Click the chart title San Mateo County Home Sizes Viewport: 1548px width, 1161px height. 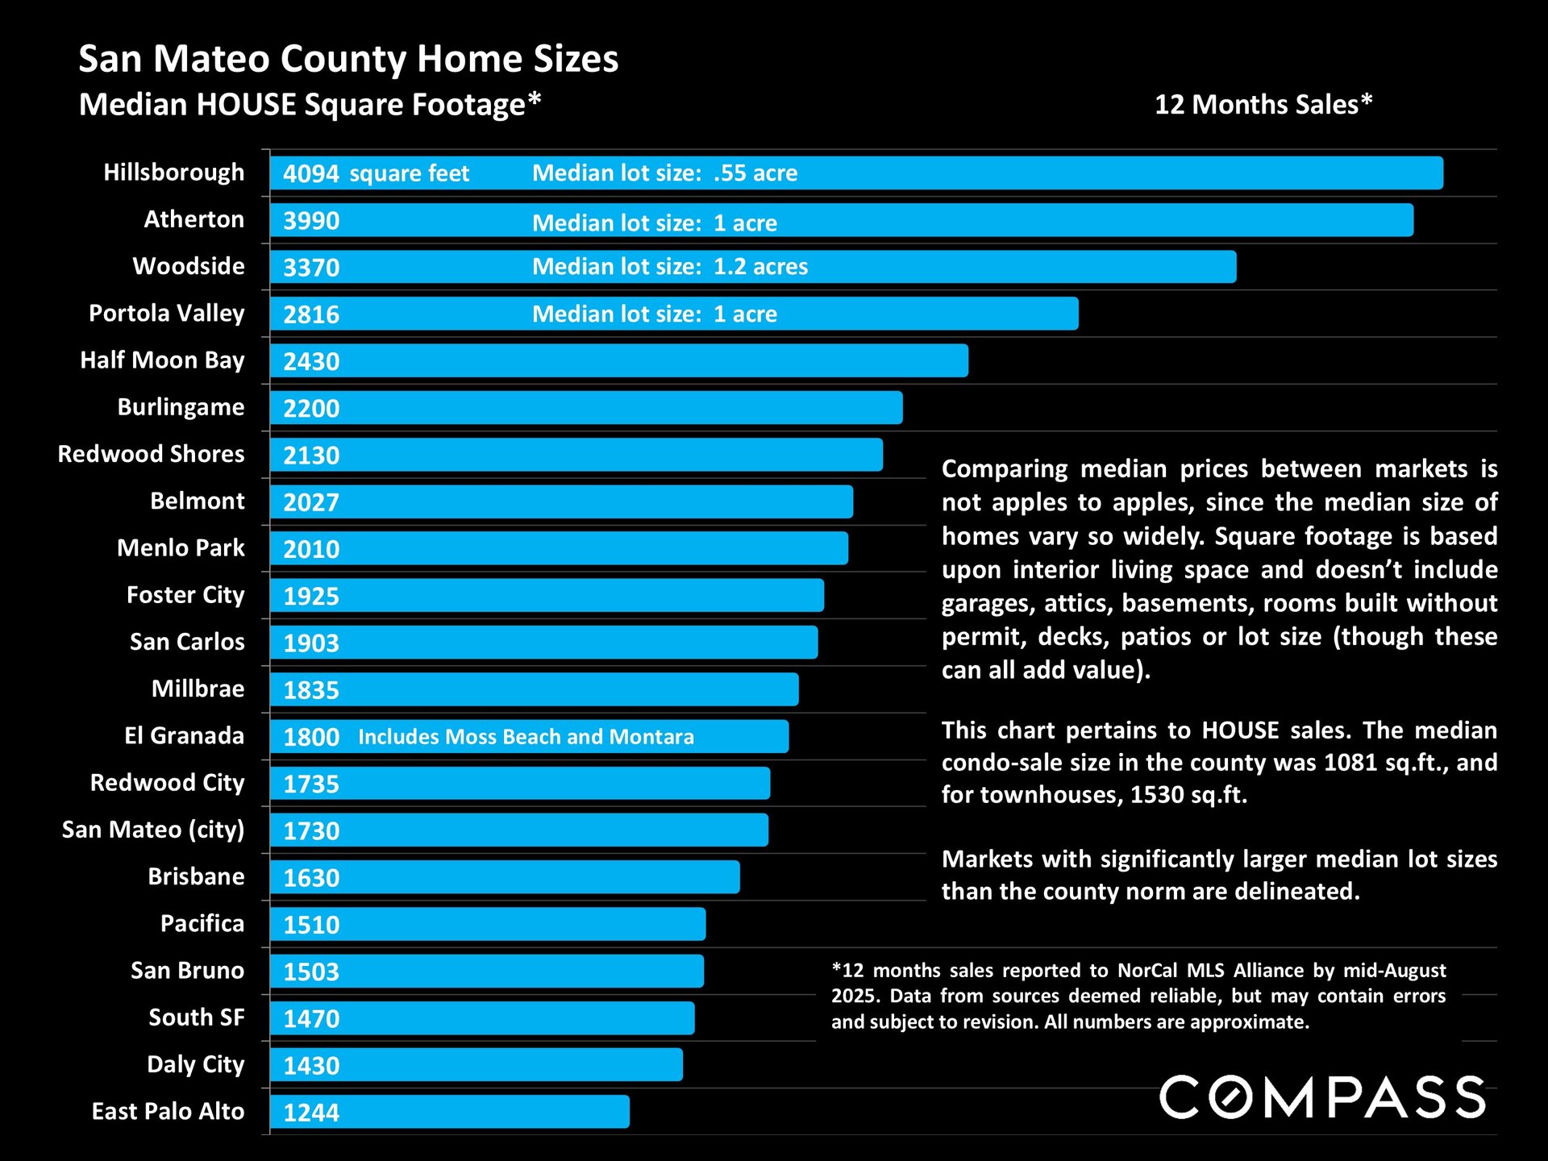click(348, 59)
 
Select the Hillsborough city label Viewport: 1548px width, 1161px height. click(173, 173)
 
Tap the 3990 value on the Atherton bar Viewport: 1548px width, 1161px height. click(311, 221)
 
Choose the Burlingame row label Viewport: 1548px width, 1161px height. click(181, 407)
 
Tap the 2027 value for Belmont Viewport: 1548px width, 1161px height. click(311, 502)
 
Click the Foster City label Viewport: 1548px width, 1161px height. click(185, 595)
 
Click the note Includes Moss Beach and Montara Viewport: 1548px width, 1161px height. click(526, 737)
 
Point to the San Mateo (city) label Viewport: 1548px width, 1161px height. click(152, 830)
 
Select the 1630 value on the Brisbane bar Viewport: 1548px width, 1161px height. click(311, 878)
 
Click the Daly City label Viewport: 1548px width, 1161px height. click(195, 1065)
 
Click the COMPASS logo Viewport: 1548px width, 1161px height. click(1322, 1097)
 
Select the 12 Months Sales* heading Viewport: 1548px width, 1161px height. click(1263, 105)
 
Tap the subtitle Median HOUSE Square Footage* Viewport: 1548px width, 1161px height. click(310, 105)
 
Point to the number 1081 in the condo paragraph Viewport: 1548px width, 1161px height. click(1350, 763)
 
